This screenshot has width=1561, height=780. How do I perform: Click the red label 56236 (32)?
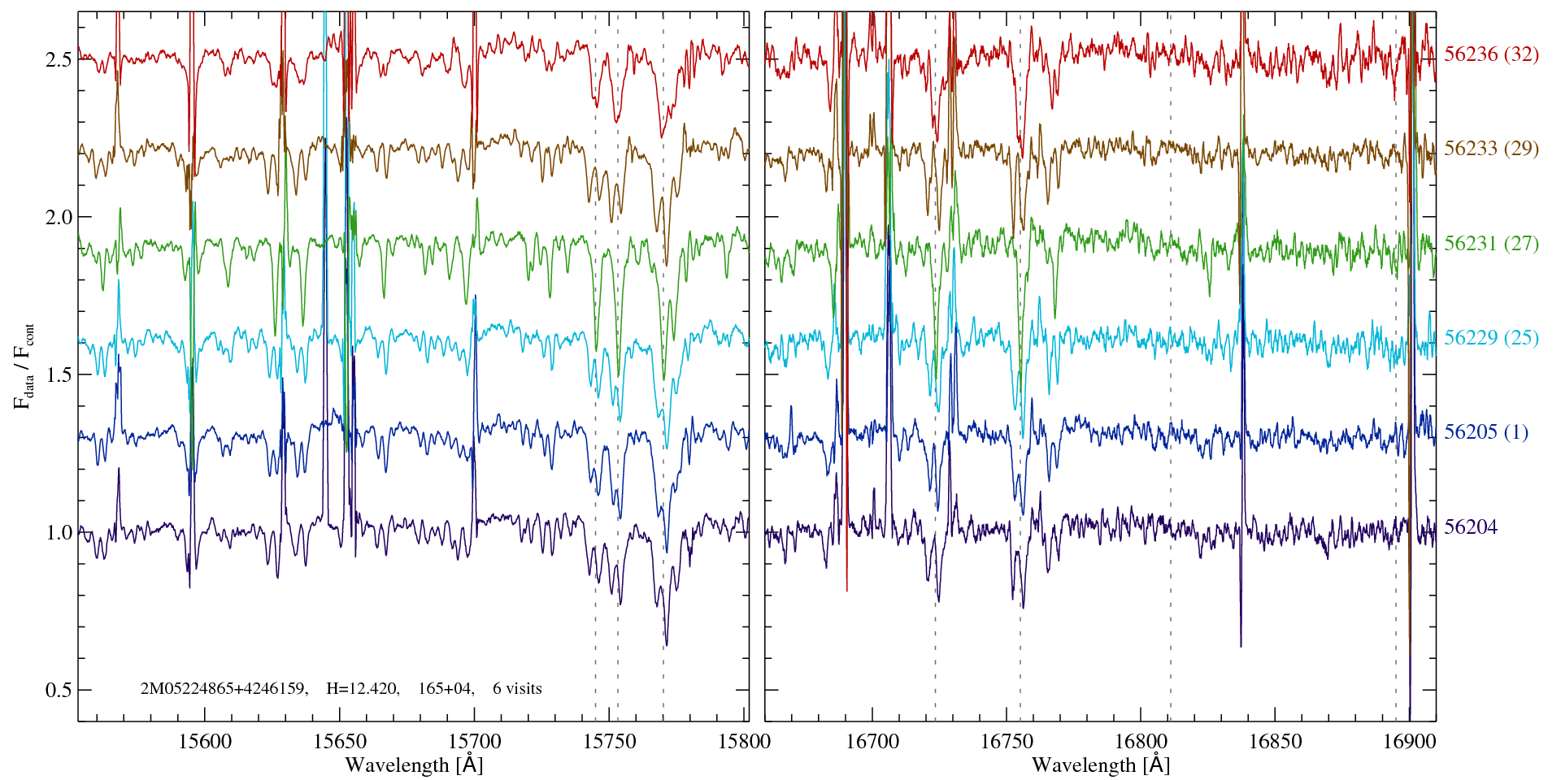point(1491,54)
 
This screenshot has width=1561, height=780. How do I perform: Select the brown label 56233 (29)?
point(1491,149)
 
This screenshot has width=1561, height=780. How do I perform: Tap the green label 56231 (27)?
point(1491,244)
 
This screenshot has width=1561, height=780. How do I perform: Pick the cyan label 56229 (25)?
point(1491,338)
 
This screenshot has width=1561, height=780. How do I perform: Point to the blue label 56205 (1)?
point(1485,432)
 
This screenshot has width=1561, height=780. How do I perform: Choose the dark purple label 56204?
point(1470,527)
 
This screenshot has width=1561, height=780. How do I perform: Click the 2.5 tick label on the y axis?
point(58,60)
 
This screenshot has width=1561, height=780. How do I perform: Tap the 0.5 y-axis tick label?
point(58,691)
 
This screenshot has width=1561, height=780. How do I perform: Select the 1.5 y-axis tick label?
point(58,375)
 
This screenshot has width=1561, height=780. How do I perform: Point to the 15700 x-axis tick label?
point(475,742)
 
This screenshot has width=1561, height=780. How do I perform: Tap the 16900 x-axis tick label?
point(1409,742)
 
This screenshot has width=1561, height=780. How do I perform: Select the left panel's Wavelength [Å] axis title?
point(414,765)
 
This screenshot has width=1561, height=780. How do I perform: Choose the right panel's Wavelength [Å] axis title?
point(1100,765)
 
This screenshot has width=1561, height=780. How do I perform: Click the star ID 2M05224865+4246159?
point(224,689)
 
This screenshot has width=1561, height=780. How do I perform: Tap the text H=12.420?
point(362,689)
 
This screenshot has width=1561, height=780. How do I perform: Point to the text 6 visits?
point(517,689)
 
